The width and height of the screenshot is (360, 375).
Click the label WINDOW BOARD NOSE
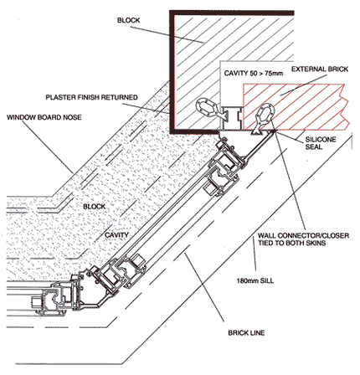pyautogui.click(x=44, y=117)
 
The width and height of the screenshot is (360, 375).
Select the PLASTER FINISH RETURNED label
pyautogui.click(x=91, y=97)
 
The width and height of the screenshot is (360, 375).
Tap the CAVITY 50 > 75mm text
pyautogui.click(x=254, y=74)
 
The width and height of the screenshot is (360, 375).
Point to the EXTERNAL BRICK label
pyautogui.click(x=320, y=69)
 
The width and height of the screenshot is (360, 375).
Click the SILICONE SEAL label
pyautogui.click(x=320, y=143)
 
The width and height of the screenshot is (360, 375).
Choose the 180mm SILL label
pyautogui.click(x=255, y=280)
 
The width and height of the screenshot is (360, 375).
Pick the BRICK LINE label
pyautogui.click(x=246, y=332)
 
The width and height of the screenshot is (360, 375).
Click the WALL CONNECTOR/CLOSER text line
pyautogui.click(x=303, y=236)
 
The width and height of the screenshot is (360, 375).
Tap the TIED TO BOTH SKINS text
pyautogui.click(x=291, y=243)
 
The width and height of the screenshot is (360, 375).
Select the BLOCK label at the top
pyautogui.click(x=128, y=20)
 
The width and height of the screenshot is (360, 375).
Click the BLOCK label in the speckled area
pyautogui.click(x=95, y=207)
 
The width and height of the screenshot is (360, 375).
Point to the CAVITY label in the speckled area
pyautogui.click(x=116, y=235)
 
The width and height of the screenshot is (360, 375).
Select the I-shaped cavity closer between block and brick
pyautogui.click(x=231, y=118)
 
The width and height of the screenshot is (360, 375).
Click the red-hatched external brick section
pyautogui.click(x=295, y=107)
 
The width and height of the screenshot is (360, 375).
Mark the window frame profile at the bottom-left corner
pyautogui.click(x=57, y=298)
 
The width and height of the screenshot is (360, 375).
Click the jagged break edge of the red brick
pyautogui.click(x=345, y=107)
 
